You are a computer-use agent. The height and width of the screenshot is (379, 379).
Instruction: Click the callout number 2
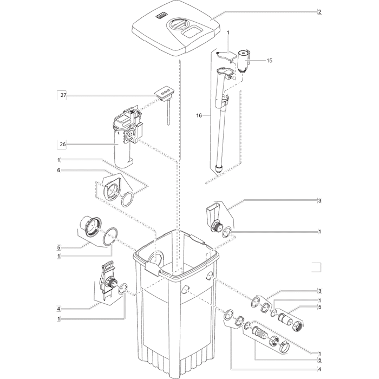(319, 11)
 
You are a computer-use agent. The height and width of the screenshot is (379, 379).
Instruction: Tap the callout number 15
(269, 61)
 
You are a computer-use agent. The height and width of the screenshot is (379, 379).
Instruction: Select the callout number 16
(199, 115)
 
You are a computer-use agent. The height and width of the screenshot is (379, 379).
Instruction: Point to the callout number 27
(63, 95)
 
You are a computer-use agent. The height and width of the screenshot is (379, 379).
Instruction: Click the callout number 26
(63, 145)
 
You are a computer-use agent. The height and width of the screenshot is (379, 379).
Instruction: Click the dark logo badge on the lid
(162, 16)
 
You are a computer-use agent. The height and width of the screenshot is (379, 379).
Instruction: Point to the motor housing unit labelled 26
(127, 135)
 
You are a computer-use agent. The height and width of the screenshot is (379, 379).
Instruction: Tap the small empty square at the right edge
(316, 266)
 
